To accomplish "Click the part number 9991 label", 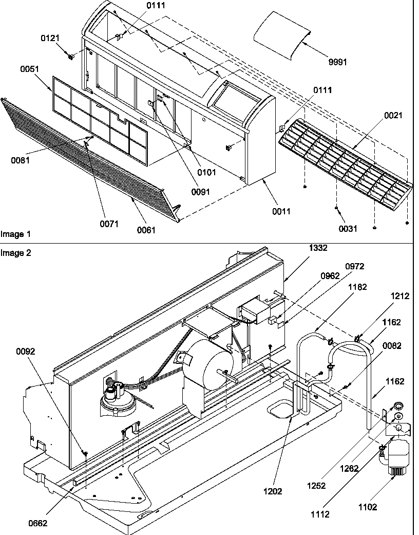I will pos(337,62).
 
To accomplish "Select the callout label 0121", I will pos(50,39).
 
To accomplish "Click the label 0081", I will pos(20,160).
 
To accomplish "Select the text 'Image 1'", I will pos(15,234).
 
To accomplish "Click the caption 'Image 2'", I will pos(15,252).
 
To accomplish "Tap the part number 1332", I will pos(317,248).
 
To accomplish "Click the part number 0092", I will pos(25,352).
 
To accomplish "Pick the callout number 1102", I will pos(368,507).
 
